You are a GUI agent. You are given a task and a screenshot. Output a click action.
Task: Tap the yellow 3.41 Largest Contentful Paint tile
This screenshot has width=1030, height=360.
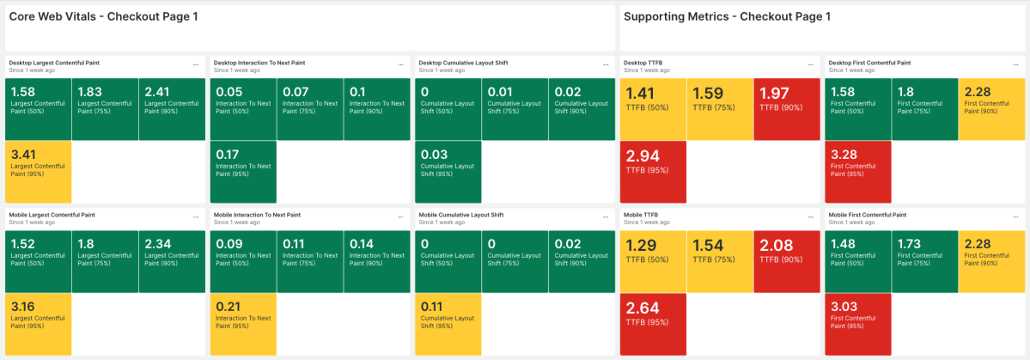[38, 171]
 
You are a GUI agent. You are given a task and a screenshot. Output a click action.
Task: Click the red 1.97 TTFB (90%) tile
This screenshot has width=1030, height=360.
[786, 108]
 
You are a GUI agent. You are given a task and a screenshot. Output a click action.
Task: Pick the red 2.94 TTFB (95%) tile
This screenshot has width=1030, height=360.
[652, 171]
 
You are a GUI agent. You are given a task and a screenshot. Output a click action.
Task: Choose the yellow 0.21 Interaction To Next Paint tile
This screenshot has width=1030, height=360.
[243, 323]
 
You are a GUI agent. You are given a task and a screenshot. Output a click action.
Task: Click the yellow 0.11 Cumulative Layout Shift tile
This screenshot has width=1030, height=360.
[448, 323]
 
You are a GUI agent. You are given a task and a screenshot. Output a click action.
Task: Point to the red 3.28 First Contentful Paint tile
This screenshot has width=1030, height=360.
[857, 171]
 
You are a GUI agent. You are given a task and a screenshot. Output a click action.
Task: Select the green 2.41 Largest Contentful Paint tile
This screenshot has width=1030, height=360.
[172, 108]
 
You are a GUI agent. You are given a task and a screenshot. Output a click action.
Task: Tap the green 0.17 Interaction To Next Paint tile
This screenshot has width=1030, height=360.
[243, 171]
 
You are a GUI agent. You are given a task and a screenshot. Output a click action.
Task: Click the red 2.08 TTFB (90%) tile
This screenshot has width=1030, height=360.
[786, 260]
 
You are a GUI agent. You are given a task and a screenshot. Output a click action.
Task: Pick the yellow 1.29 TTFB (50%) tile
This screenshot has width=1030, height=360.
[652, 260]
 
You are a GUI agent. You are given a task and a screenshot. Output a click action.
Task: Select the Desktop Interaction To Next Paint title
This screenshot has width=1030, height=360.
[259, 63]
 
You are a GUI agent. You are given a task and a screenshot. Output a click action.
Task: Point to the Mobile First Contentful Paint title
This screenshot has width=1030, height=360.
[868, 215]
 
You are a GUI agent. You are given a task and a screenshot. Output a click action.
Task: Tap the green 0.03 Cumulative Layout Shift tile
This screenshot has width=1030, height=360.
[448, 171]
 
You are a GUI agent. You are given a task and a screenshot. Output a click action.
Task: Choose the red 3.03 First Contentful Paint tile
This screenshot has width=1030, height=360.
[857, 323]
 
